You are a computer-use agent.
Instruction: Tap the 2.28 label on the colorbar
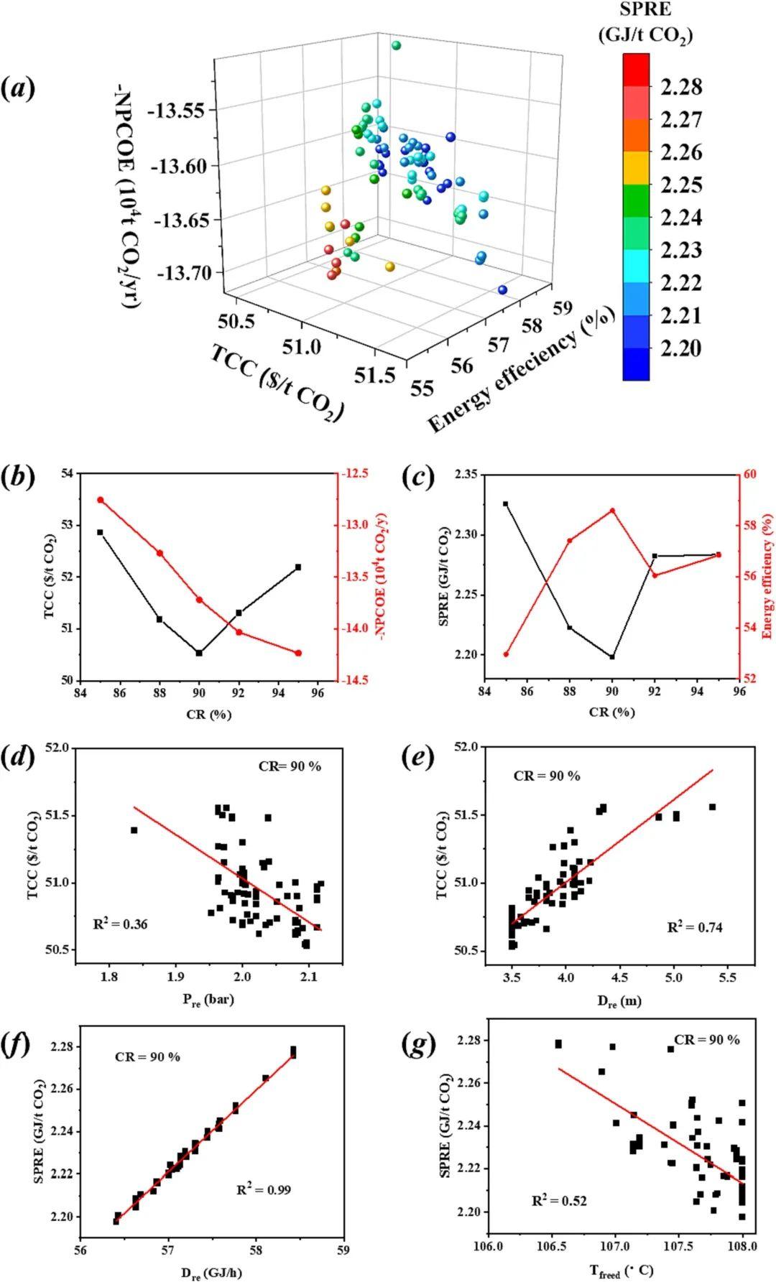pos(681,87)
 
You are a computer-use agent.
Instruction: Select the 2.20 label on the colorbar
pos(681,348)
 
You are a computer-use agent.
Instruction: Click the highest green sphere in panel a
pos(396,46)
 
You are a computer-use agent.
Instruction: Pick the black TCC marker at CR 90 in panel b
pos(199,653)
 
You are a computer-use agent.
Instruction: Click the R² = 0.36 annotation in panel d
pos(120,924)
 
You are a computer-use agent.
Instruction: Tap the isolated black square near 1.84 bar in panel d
pos(134,830)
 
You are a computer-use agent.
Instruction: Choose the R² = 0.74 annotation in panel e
pos(695,927)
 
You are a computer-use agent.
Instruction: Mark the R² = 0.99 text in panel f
pos(264,1190)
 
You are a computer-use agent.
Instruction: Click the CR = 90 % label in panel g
pos(706,1040)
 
